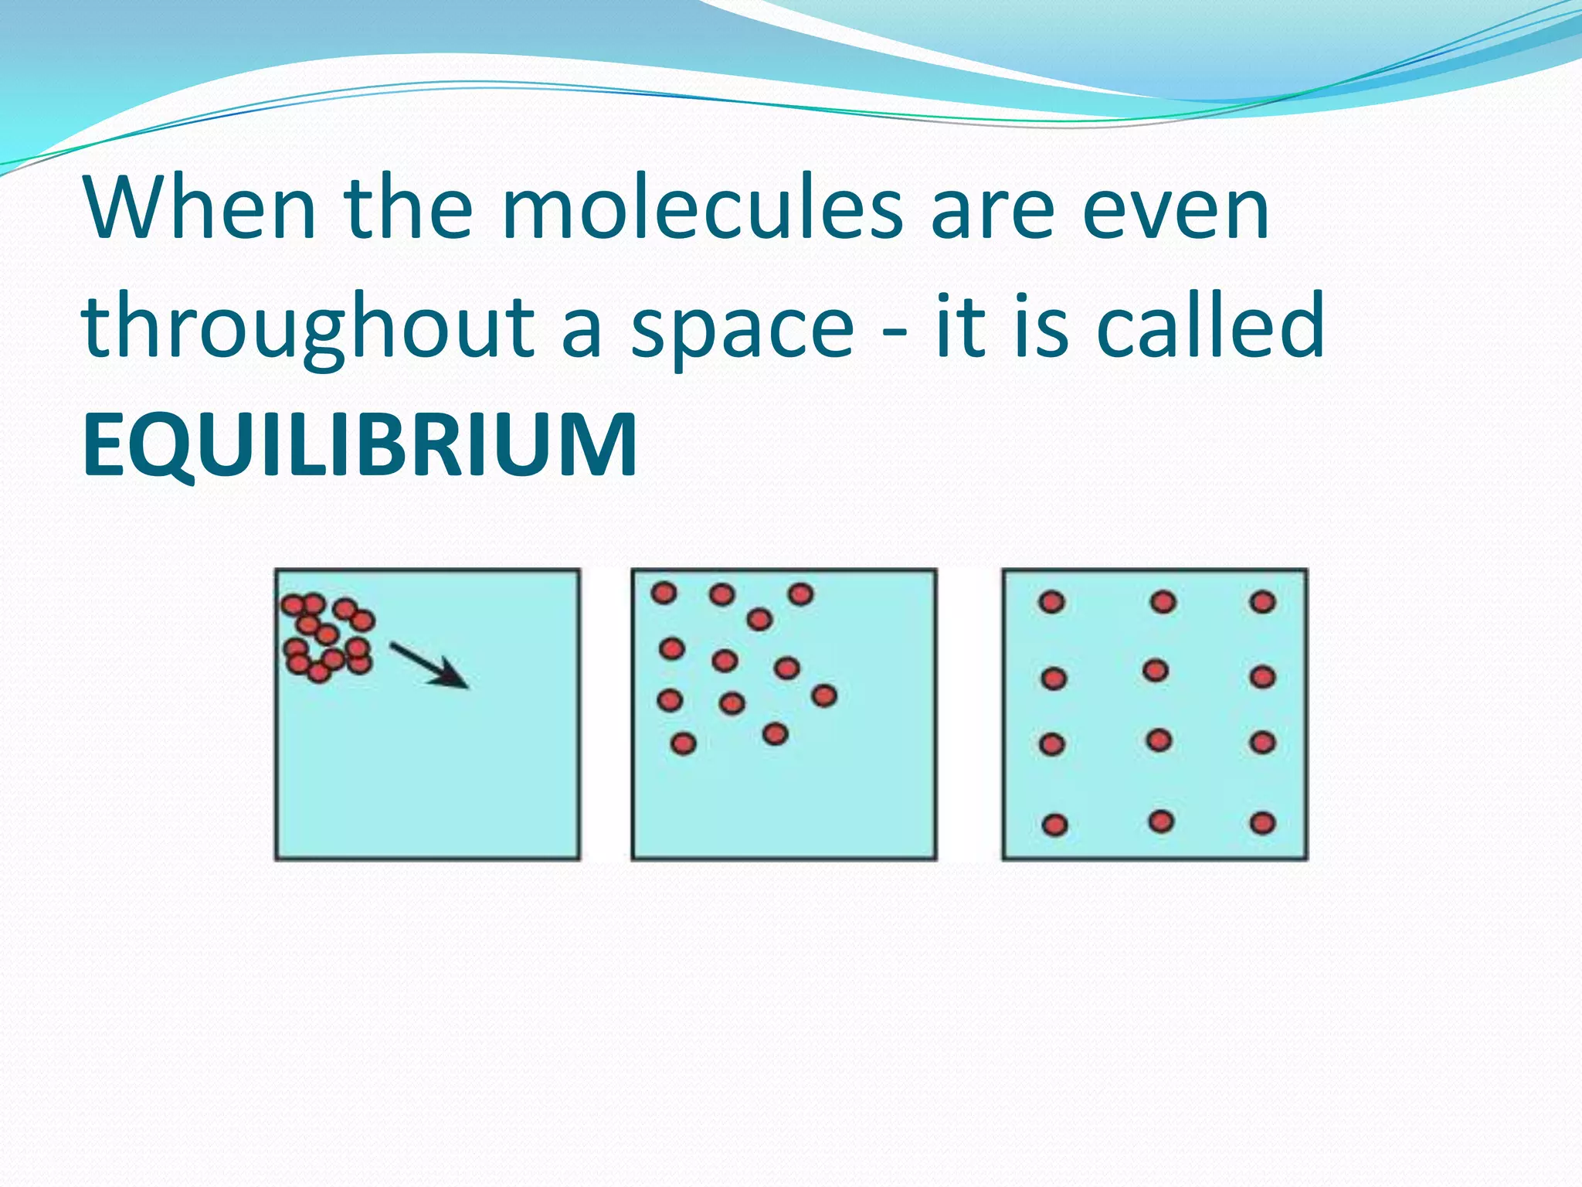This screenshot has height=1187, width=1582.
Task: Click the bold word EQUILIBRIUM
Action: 360,446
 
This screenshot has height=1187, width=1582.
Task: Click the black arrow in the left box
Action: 429,665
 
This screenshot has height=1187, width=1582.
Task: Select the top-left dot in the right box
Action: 1051,602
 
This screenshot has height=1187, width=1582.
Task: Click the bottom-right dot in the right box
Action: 1262,823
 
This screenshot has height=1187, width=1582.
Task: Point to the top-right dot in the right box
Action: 1262,601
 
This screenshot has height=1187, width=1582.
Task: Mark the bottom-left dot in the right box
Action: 1054,825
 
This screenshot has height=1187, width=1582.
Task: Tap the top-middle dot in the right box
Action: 1163,601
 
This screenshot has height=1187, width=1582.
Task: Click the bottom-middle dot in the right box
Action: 1161,821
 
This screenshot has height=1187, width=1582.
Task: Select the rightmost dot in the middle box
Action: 824,696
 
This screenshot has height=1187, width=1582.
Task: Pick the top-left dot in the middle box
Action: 664,593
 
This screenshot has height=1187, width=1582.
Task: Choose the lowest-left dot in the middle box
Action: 684,743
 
